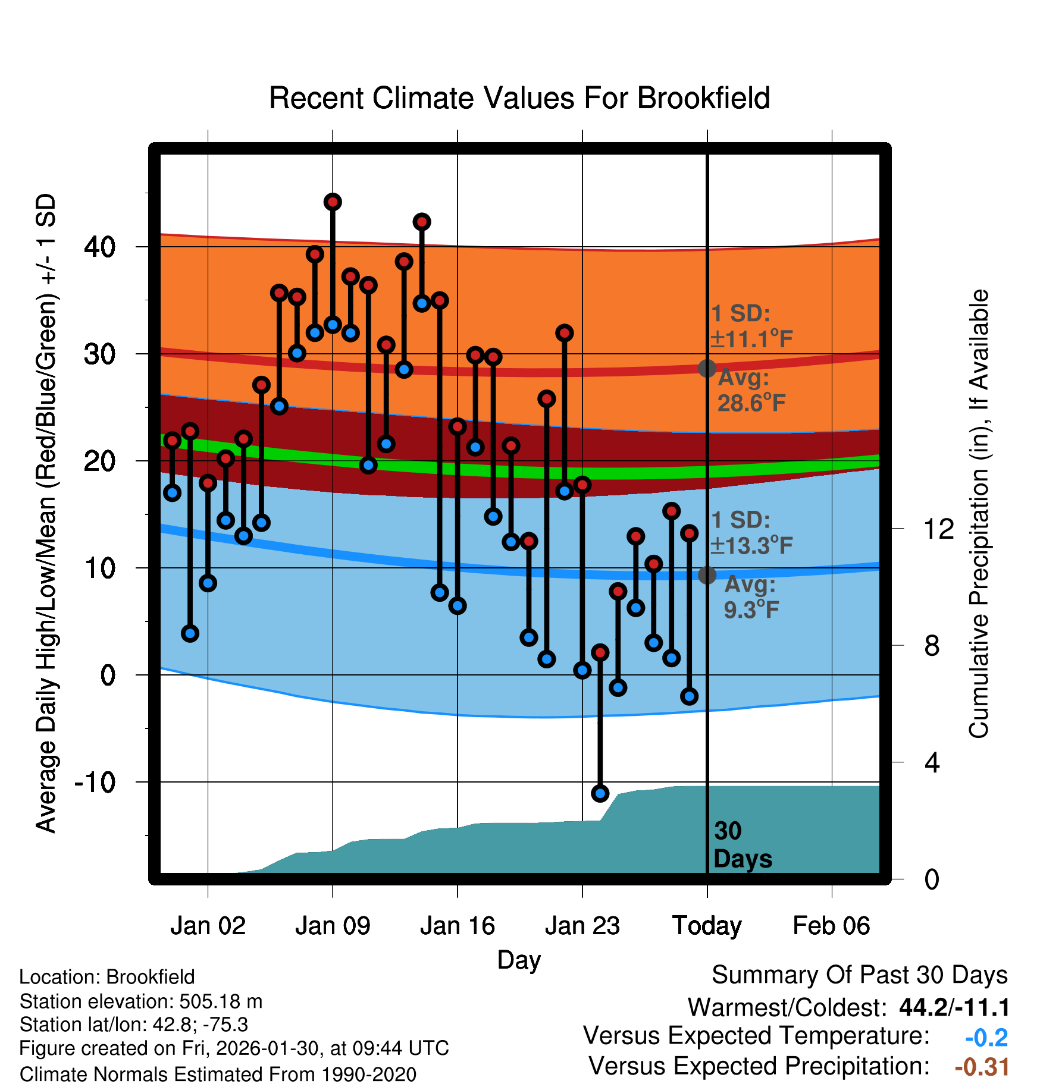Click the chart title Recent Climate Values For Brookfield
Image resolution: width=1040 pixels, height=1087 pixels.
tap(519, 98)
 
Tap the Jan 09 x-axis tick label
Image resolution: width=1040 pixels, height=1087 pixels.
tap(333, 926)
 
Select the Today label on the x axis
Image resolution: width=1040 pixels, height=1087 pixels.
tap(707, 926)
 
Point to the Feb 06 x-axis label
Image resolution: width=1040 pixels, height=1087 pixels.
tap(831, 926)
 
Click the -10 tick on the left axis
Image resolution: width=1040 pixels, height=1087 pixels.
tap(95, 781)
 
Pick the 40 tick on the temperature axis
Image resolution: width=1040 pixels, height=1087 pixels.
tap(100, 247)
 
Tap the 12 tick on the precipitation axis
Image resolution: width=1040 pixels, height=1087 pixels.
tap(938, 529)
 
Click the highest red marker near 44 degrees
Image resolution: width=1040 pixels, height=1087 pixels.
tap(333, 202)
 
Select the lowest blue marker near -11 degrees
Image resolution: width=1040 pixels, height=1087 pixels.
tap(600, 793)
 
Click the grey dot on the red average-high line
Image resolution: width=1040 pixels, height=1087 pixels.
tap(707, 369)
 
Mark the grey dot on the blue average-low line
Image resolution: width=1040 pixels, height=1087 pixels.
tap(707, 575)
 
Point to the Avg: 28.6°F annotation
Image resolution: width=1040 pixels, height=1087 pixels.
tap(751, 391)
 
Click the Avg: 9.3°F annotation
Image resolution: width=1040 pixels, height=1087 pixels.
tap(751, 597)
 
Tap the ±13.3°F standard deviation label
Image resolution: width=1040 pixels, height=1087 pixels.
tap(751, 545)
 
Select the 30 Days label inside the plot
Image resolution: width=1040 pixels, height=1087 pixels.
tap(742, 845)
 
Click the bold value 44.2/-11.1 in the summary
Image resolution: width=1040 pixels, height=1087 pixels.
tap(954, 1007)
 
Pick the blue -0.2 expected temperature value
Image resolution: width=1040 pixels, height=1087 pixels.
tap(986, 1038)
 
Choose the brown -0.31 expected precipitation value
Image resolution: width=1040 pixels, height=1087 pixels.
tap(982, 1067)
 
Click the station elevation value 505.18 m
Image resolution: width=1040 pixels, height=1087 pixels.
tap(221, 1001)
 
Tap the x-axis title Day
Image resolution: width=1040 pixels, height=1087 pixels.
tap(519, 960)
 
